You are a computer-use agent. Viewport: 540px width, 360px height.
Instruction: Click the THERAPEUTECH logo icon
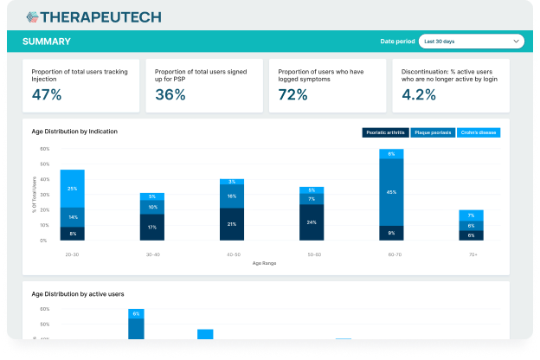(33, 16)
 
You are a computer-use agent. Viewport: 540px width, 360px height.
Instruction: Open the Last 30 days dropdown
(471, 41)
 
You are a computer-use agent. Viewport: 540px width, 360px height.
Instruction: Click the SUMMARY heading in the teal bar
(47, 42)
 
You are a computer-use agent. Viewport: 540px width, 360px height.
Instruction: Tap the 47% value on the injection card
(47, 95)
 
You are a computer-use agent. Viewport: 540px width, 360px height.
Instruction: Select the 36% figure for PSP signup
(170, 95)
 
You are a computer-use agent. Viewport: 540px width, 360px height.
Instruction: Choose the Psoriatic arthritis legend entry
(385, 132)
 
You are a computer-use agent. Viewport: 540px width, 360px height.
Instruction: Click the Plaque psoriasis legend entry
(432, 132)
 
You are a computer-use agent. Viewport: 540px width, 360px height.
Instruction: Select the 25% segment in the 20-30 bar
(72, 188)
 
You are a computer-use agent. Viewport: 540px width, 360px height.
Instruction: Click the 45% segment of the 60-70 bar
(391, 191)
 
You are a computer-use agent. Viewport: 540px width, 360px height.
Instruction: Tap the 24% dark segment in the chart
(312, 222)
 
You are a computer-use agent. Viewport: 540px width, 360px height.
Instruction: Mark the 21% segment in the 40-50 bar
(232, 223)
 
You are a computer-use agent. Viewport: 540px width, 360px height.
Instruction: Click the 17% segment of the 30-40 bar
(152, 227)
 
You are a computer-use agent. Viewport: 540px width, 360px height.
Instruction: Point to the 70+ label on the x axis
(471, 255)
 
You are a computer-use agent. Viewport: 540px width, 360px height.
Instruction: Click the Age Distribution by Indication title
(74, 132)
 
